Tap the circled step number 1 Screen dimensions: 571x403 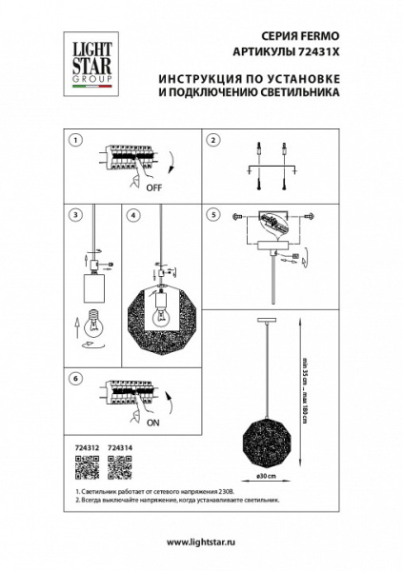[x=75, y=139]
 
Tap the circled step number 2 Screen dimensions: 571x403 [x=213, y=139]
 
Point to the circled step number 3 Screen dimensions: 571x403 [x=75, y=215]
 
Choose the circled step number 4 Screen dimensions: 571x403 [x=134, y=215]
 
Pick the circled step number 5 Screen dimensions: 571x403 [x=213, y=215]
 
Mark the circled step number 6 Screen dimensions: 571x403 [x=75, y=378]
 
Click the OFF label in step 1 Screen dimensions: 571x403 [x=153, y=188]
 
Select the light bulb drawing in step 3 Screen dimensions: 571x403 [x=93, y=323]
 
